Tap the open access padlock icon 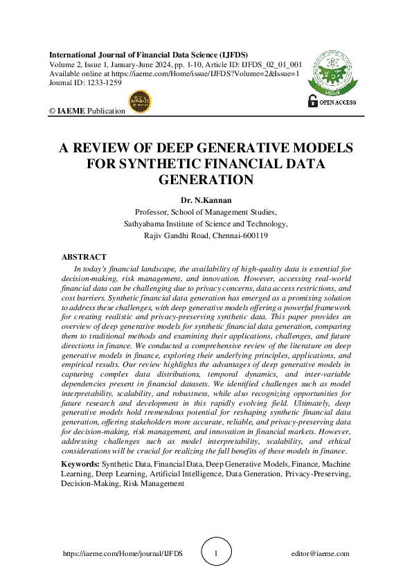pyautogui.click(x=312, y=101)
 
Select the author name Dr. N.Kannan pyautogui.click(x=205, y=201)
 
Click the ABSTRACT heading pyautogui.click(x=84, y=257)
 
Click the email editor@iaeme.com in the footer pyautogui.click(x=321, y=554)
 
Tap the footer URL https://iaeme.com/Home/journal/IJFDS pyautogui.click(x=123, y=554)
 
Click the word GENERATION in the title pyautogui.click(x=205, y=179)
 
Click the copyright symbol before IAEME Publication pyautogui.click(x=52, y=111)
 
